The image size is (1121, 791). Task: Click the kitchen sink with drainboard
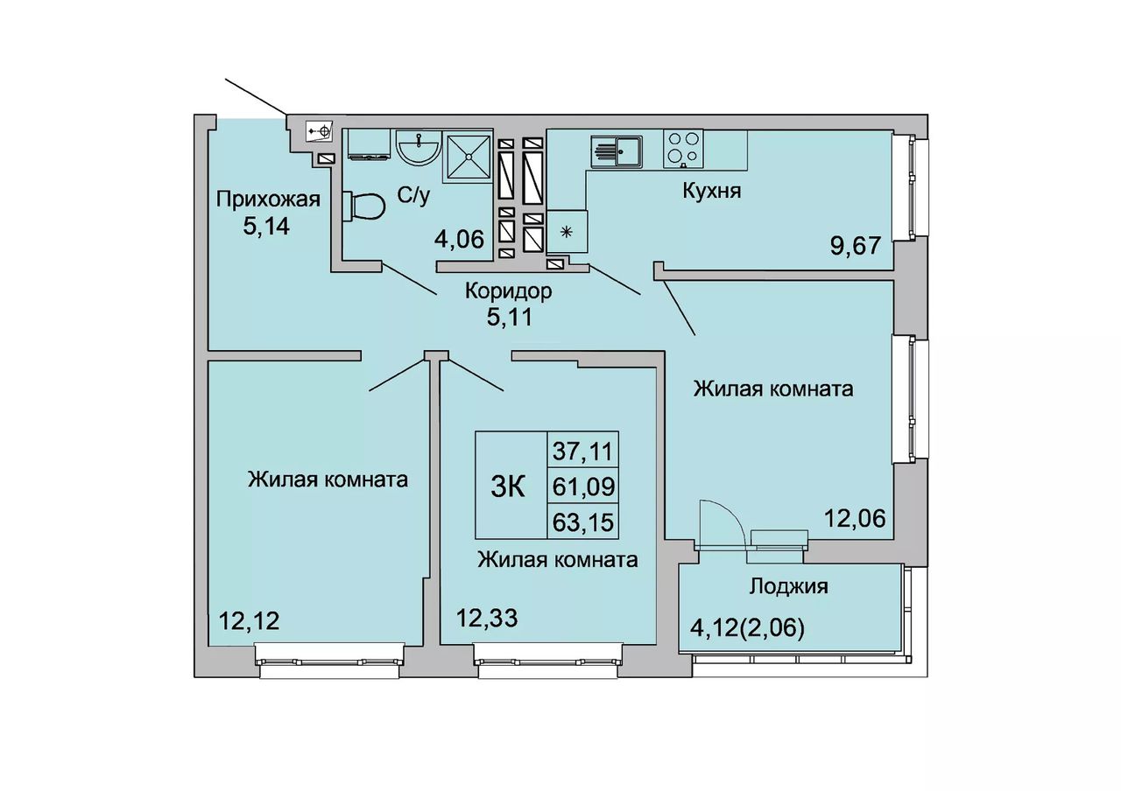point(617,151)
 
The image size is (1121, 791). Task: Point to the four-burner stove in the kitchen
point(683,149)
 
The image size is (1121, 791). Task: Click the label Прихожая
point(268,199)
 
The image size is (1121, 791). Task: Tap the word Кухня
point(712,191)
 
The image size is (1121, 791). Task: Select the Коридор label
point(509,291)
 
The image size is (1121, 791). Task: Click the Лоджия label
point(788,587)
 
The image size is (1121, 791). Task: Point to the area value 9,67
point(856,246)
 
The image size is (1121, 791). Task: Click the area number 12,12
point(249,621)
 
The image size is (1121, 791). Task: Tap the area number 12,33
point(486,618)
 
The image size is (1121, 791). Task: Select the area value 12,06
point(855,518)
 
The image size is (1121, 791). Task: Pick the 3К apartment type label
point(508,487)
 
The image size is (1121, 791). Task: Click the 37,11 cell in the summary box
point(582,452)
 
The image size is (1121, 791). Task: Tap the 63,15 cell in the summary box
point(583,522)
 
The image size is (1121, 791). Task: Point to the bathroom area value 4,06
point(459,240)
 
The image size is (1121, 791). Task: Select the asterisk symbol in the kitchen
point(566,232)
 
